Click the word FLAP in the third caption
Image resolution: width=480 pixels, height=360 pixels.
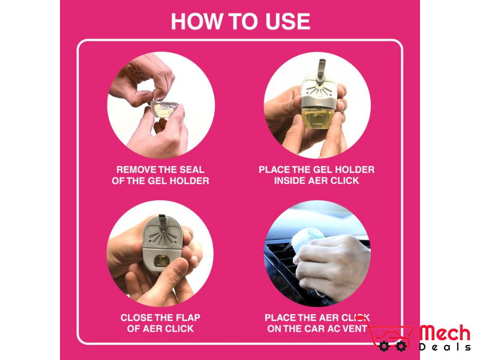186,317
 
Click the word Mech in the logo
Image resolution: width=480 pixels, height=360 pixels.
445,334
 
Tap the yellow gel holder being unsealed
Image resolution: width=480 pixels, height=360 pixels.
163,108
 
